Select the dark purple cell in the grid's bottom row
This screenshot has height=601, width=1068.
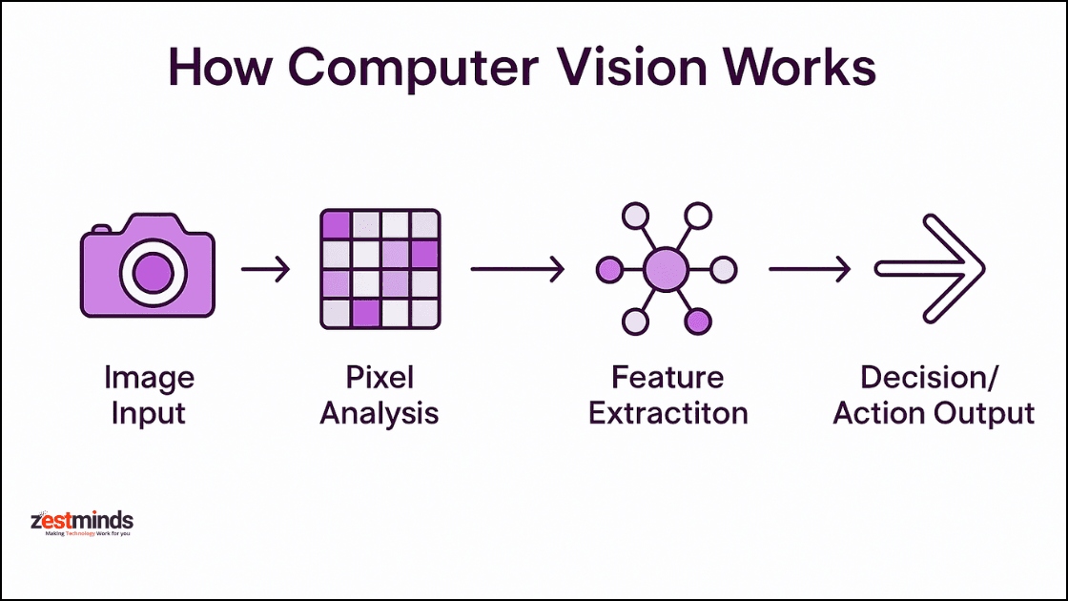[365, 313]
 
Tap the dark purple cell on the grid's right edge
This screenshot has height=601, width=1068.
[423, 254]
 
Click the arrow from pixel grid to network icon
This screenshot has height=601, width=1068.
[518, 270]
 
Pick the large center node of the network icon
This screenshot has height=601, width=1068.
[666, 269]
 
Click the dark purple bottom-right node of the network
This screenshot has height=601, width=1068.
[698, 321]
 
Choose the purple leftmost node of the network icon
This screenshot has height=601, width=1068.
[608, 270]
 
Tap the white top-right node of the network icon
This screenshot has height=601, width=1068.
[698, 217]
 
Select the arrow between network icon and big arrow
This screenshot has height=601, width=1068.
[809, 270]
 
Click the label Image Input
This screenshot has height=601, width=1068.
[149, 395]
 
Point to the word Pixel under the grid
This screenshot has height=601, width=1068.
[379, 378]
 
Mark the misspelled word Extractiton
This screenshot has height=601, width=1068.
[667, 413]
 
